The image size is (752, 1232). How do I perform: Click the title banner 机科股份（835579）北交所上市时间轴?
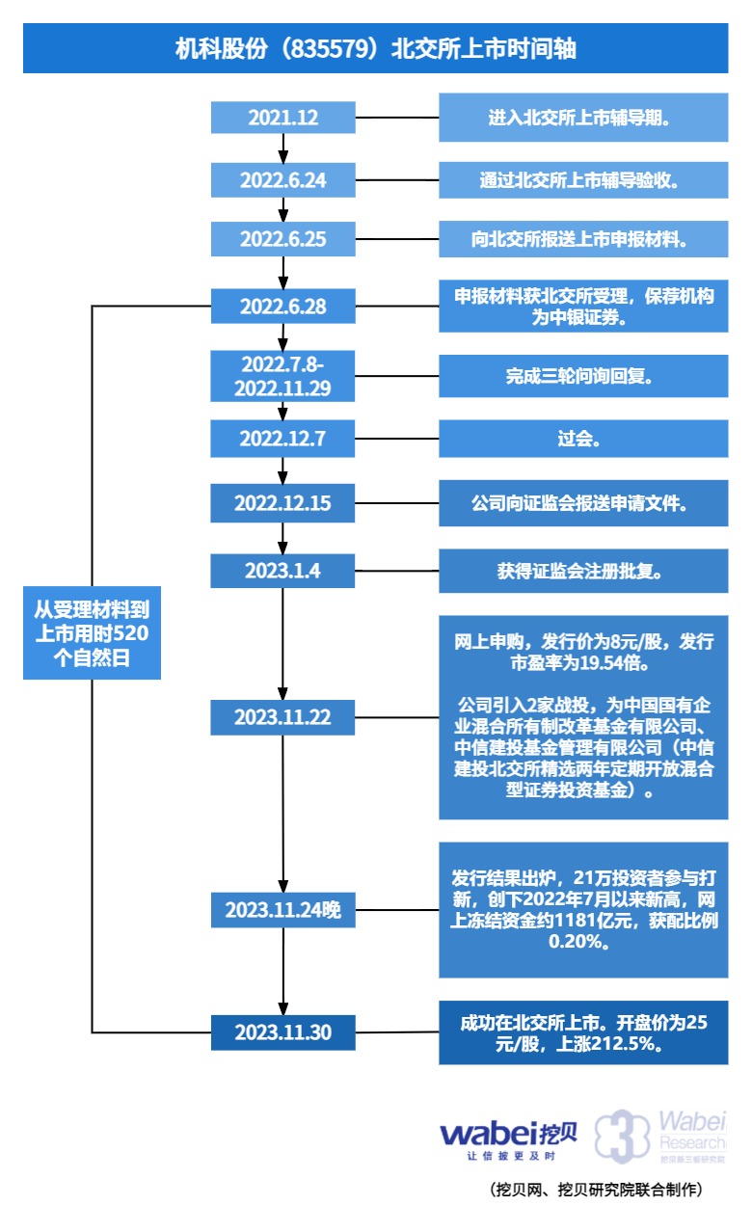375,48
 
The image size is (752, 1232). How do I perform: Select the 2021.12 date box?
282,118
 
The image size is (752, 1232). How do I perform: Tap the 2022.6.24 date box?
282,179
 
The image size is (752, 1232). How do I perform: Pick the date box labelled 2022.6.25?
282,240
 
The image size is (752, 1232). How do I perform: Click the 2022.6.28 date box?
282,307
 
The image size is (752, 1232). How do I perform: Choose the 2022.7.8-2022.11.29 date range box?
282,376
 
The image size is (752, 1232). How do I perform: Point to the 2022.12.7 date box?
282,439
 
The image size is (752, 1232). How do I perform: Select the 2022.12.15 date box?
282,503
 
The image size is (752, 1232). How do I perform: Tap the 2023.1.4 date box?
282,570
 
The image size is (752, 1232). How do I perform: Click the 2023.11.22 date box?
282,717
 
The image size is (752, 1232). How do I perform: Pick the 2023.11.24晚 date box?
282,909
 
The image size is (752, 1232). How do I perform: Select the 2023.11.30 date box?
282,1032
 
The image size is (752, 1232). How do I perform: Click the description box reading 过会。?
583,439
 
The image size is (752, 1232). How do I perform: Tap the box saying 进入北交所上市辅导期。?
583,118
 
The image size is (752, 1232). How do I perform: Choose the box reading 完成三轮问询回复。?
583,376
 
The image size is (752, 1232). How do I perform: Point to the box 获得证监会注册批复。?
583,570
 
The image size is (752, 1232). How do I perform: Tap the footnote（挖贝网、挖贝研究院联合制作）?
597,1190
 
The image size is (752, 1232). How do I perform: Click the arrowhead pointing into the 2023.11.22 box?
282,695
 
